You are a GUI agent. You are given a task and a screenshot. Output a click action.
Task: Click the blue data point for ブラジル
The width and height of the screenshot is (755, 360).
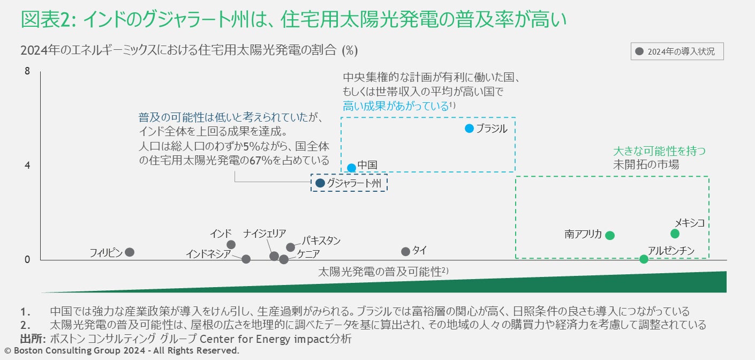[470, 129]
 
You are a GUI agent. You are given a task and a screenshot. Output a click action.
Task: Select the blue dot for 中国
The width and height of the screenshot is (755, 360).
[351, 168]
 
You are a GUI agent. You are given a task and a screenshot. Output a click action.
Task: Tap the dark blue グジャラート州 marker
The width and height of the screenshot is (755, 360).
[320, 183]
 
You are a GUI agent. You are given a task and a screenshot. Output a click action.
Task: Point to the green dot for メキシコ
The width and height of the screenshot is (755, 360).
[675, 234]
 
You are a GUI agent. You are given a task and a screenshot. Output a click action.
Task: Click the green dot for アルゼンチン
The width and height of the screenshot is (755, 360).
[644, 259]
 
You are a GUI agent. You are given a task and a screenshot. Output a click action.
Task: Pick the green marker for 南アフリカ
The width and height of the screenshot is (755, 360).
[610, 235]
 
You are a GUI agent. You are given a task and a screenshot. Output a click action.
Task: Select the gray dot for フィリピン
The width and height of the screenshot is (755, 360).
[130, 252]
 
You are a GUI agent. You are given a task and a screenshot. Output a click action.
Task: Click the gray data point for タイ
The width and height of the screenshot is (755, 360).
[405, 252]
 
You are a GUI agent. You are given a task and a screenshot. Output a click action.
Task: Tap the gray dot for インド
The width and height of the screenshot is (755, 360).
[231, 245]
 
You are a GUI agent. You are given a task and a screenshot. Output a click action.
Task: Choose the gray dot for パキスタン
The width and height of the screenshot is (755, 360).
[291, 247]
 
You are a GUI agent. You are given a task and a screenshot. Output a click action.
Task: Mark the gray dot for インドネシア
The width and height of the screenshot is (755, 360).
[246, 259]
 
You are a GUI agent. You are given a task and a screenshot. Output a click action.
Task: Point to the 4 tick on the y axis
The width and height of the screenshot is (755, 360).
[27, 166]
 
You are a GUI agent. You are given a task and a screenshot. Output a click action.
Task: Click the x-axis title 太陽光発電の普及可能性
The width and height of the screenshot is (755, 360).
[380, 272]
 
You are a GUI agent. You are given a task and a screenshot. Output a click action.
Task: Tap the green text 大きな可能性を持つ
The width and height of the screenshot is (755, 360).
[659, 151]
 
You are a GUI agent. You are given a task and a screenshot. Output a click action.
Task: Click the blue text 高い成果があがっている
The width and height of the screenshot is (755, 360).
[395, 106]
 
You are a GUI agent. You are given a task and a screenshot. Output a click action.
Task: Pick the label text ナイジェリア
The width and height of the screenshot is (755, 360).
[265, 234]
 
